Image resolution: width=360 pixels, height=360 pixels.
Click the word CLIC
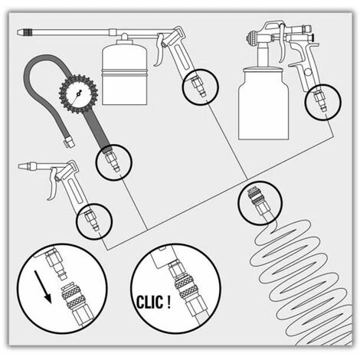pyautogui.click(x=149, y=303)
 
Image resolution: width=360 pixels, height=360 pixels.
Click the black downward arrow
pyautogui.click(x=43, y=287)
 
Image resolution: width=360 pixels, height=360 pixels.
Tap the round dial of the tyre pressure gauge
pyautogui.click(x=78, y=94)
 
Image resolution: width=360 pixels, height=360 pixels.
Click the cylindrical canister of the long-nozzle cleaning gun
pyautogui.click(x=124, y=73)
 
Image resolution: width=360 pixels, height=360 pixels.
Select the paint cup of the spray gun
pyautogui.click(x=263, y=103)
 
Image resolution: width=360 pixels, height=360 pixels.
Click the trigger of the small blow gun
pyautogui.click(x=52, y=184)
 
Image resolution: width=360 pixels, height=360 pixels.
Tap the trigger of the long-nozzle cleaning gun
pyautogui.click(x=159, y=50)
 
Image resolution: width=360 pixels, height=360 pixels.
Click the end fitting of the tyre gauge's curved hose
pyautogui.click(x=69, y=142)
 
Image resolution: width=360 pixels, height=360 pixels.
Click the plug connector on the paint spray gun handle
pyautogui.click(x=321, y=102)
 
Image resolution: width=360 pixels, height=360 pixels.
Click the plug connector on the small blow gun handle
pyautogui.click(x=92, y=220)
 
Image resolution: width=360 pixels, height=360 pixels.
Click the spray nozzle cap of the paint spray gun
pyautogui.click(x=251, y=38)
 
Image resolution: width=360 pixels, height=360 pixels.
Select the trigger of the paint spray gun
pyautogui.click(x=282, y=44)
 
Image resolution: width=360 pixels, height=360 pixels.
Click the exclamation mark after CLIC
pyautogui.click(x=168, y=301)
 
